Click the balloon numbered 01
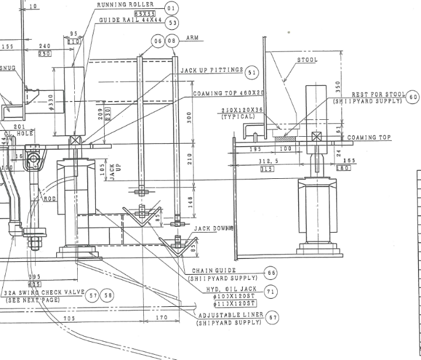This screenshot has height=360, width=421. (x=171, y=8)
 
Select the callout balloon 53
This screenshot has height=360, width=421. (x=171, y=23)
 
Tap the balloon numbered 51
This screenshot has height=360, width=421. (x=252, y=72)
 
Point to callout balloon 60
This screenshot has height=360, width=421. (x=413, y=97)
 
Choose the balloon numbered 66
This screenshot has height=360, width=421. (x=271, y=273)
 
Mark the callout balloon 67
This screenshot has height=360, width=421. (x=272, y=317)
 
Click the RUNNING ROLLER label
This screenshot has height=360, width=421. (x=125, y=5)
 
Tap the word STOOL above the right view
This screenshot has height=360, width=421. (x=307, y=60)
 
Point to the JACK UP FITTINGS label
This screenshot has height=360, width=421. (x=211, y=70)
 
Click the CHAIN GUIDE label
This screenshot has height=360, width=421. (x=214, y=271)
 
